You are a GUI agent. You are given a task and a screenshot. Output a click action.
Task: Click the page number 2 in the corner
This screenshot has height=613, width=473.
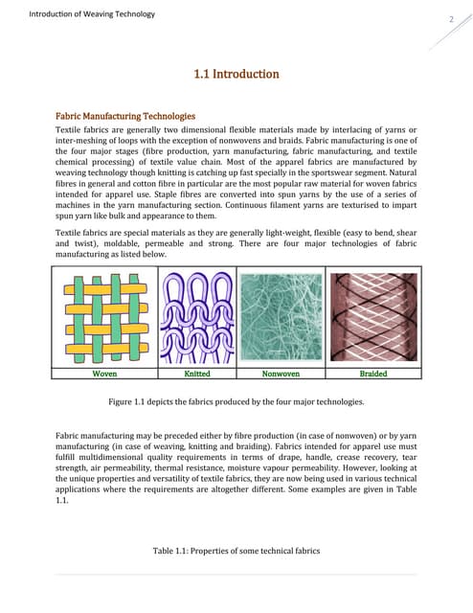tap(449, 20)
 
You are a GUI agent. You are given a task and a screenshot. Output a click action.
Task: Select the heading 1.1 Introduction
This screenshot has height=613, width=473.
tap(236, 74)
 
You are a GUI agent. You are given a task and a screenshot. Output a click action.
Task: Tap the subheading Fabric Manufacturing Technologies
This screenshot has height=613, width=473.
tap(126, 116)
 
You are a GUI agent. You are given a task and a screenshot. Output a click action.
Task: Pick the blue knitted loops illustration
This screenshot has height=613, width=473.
tap(195, 317)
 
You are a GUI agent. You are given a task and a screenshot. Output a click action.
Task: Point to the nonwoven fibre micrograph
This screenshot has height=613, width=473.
tap(280, 317)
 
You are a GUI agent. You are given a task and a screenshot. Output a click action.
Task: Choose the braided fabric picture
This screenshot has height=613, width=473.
tap(372, 317)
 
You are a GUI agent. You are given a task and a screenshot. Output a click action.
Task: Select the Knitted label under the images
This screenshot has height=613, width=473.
tap(196, 375)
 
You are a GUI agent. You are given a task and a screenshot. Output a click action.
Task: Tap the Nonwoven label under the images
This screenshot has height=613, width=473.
tap(280, 375)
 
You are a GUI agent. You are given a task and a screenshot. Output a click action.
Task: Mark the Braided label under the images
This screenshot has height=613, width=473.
tap(372, 375)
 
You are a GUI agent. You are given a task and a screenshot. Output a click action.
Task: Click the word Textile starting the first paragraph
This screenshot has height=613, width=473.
tap(72, 130)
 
